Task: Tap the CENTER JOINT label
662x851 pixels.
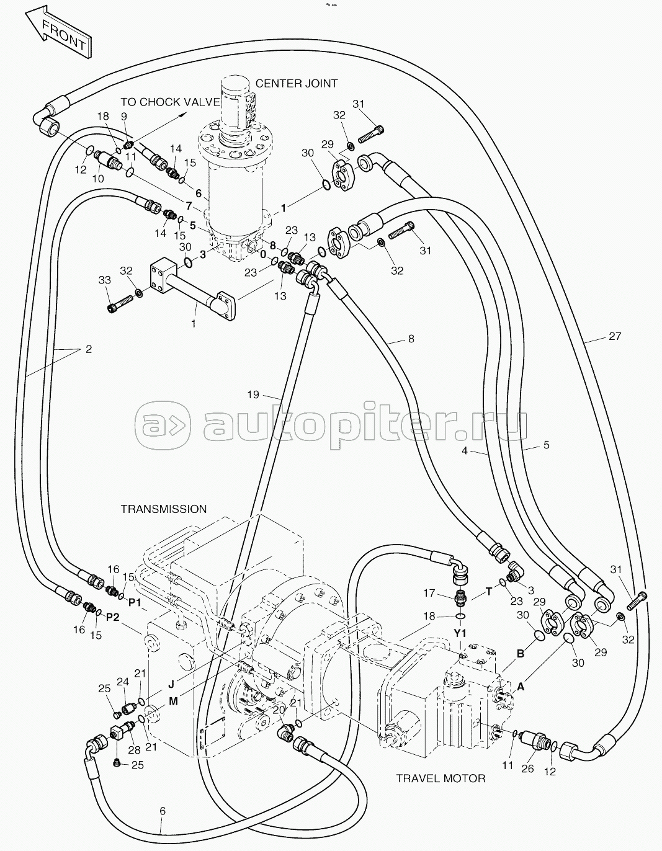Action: click(x=297, y=83)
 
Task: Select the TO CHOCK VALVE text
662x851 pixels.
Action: click(x=170, y=102)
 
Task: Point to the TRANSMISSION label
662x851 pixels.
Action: click(x=163, y=509)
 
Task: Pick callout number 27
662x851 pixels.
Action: click(x=615, y=336)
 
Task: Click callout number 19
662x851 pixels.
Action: click(x=253, y=394)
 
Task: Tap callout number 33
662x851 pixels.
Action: click(x=105, y=280)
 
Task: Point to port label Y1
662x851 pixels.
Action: click(x=460, y=633)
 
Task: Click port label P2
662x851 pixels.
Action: click(x=113, y=617)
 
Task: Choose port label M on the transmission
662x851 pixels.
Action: click(x=173, y=702)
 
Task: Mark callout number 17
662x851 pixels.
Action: click(x=429, y=594)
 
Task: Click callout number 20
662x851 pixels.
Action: click(x=279, y=709)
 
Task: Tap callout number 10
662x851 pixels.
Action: click(x=98, y=179)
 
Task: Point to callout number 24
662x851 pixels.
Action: click(x=123, y=682)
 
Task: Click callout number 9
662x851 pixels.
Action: click(x=124, y=116)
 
